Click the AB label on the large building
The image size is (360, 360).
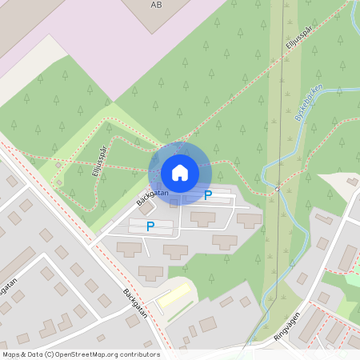point(155,4)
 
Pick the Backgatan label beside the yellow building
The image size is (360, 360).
point(136,303)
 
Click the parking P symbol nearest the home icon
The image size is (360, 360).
point(208,194)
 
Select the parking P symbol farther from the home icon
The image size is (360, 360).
point(150,226)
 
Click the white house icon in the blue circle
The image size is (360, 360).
point(180,173)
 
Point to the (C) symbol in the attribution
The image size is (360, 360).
point(49,354)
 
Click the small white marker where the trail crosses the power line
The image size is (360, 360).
point(276,190)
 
